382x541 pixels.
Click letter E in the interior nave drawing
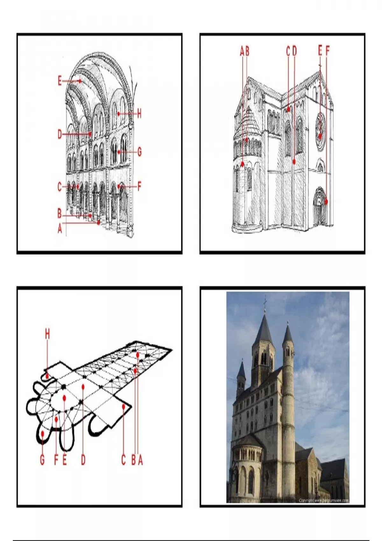click(60, 81)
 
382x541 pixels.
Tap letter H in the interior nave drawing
click(139, 114)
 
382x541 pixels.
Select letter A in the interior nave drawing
click(60, 228)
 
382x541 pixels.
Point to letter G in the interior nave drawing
click(139, 152)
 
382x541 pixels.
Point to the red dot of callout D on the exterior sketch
click(294, 162)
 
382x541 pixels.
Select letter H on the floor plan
click(47, 334)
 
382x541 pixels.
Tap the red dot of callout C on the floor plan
click(124, 406)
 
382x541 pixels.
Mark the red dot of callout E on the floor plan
click(65, 397)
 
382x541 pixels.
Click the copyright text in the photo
click(323, 501)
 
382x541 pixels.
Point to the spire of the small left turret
click(242, 369)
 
